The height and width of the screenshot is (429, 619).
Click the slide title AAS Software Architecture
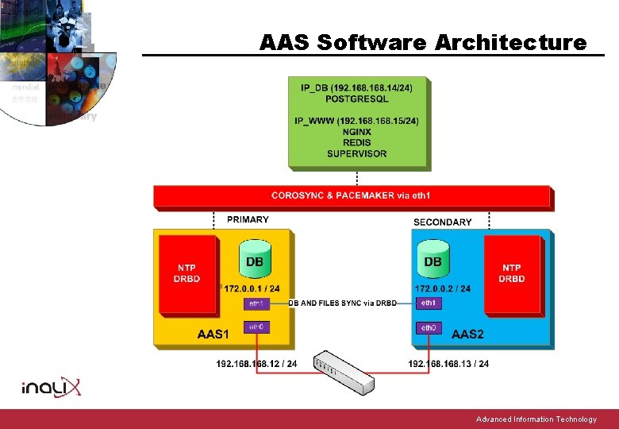click(x=423, y=42)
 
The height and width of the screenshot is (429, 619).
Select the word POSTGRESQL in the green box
click(x=357, y=99)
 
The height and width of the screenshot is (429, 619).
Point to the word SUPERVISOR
click(x=357, y=153)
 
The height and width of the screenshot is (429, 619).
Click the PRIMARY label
click(x=248, y=219)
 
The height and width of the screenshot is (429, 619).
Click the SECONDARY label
click(x=443, y=222)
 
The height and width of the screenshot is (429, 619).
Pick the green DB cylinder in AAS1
click(x=255, y=259)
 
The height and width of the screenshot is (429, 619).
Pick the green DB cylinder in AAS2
click(x=433, y=259)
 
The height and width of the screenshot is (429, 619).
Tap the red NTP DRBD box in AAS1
click(x=186, y=272)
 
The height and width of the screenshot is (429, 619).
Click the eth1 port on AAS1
click(x=256, y=303)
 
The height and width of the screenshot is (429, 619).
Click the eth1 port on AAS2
click(x=429, y=303)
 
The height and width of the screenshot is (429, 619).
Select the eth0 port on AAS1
click(x=256, y=327)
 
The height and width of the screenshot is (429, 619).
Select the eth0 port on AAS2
click(x=429, y=327)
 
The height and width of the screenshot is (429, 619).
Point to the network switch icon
click(x=344, y=371)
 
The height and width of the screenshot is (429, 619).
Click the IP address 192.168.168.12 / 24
click(x=256, y=364)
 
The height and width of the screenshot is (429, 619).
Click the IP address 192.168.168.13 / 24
click(x=448, y=364)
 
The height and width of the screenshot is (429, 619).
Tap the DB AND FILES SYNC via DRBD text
click(x=342, y=303)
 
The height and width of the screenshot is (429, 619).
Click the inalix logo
click(x=52, y=387)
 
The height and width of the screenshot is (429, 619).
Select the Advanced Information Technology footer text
click(x=536, y=419)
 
